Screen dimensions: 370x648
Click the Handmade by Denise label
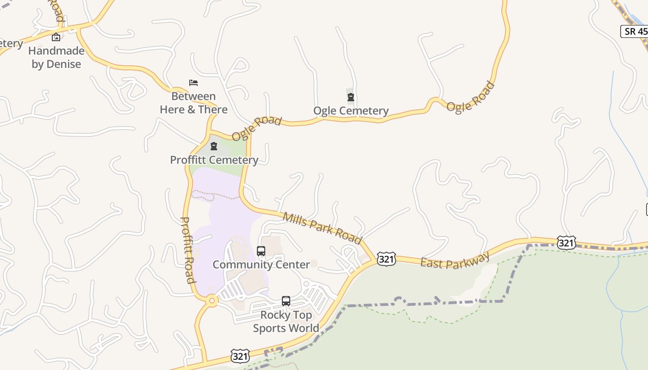tap(56, 57)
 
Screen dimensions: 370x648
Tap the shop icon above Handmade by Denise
tap(56, 37)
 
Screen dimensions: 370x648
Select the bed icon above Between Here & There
tap(193, 83)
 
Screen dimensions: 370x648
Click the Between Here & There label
tap(193, 103)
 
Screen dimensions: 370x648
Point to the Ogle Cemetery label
tap(351, 111)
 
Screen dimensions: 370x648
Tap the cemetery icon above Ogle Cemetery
tap(351, 97)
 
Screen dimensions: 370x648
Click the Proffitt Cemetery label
tap(214, 160)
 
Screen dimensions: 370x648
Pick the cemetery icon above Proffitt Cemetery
tap(214, 147)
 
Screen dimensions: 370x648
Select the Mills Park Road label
tap(322, 228)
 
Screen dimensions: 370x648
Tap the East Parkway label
tap(455, 260)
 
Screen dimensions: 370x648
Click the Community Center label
tap(261, 265)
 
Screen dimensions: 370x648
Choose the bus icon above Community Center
tap(261, 251)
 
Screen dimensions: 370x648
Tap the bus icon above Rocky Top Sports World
tap(286, 301)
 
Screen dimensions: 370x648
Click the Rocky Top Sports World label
tap(286, 321)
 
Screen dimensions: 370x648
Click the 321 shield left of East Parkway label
tap(386, 259)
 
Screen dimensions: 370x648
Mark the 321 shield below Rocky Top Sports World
tap(240, 356)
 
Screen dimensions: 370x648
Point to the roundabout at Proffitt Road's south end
tap(212, 301)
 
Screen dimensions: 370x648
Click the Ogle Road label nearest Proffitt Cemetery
tap(256, 128)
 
